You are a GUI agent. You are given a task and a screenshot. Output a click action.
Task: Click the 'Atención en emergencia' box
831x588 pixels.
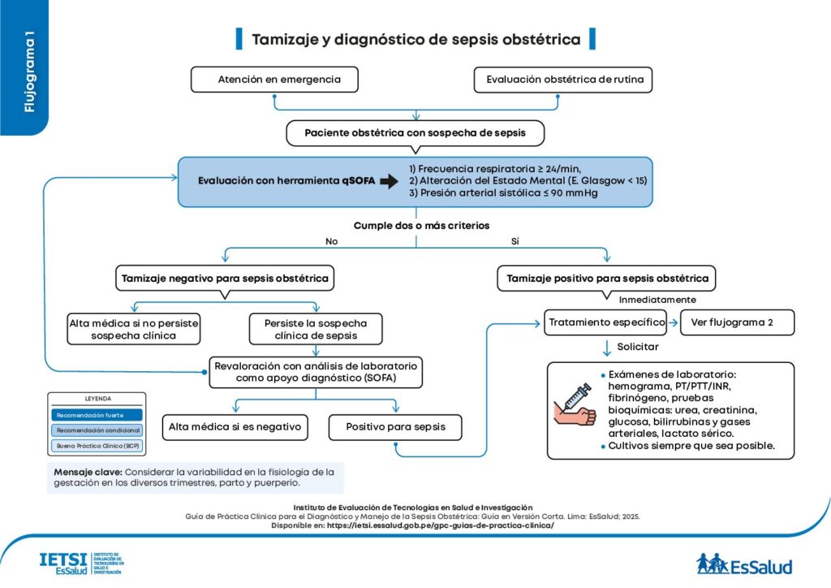point(274,80)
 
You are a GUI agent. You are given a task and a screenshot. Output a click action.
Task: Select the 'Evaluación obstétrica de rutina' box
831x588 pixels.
point(563,80)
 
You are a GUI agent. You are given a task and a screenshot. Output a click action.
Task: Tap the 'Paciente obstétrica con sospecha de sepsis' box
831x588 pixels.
point(415,132)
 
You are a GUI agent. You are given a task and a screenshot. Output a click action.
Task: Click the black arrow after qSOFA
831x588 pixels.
point(390,182)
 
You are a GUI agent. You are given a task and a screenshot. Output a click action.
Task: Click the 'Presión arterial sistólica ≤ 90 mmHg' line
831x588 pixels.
point(510,194)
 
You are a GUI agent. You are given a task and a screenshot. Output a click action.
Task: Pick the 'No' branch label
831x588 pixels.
point(331,241)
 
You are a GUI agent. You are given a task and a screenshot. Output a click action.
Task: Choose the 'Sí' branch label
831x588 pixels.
point(515,241)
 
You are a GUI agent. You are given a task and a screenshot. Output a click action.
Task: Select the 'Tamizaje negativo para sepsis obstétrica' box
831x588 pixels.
point(225,279)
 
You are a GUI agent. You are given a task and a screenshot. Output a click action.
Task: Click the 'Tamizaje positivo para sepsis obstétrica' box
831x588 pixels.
point(607,279)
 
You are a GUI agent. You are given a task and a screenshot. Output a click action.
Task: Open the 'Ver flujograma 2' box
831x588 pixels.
point(736,322)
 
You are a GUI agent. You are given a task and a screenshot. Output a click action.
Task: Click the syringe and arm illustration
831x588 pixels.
point(575,405)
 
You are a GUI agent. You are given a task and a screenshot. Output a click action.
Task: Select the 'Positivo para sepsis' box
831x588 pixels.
point(395,426)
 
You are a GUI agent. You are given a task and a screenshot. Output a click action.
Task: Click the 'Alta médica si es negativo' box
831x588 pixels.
point(235,426)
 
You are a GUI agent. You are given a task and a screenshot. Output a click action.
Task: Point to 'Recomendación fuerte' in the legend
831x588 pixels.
point(97,414)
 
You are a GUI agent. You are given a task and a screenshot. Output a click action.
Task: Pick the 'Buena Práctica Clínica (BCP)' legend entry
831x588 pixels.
point(97,445)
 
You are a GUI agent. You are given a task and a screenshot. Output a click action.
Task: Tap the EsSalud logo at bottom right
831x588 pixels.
point(743,563)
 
